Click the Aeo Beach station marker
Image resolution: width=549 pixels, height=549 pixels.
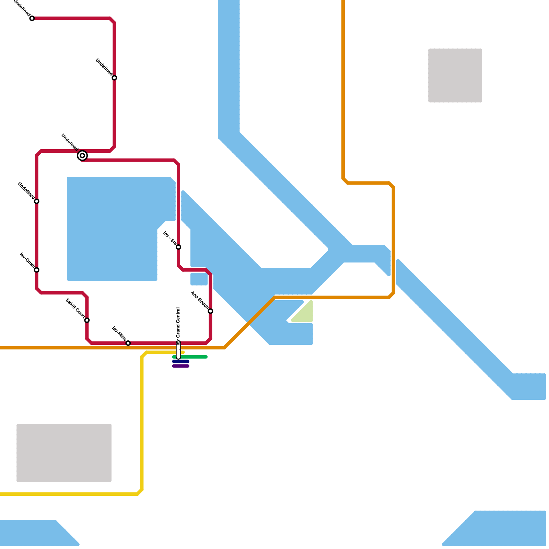point(210,311)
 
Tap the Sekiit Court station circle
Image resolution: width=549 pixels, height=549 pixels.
point(87,320)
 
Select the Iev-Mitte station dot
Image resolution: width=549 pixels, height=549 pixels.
point(128,343)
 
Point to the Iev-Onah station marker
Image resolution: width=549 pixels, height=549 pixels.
point(37,270)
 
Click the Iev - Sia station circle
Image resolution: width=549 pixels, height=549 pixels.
point(178,247)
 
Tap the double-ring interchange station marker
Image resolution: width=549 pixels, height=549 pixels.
point(82,156)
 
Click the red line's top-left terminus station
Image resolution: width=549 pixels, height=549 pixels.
point(32,18)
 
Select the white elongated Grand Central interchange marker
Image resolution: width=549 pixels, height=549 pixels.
point(178,351)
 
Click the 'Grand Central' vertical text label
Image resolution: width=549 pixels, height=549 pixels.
point(178,324)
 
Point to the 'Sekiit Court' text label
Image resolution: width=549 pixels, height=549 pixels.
point(75,308)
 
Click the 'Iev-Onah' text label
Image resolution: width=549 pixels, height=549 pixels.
point(26,260)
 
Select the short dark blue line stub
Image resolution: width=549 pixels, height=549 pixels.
point(181,361)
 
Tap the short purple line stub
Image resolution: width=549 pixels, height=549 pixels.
point(181,366)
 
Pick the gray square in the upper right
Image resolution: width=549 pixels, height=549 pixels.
point(455,75)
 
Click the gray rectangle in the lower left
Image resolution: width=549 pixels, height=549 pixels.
point(64,453)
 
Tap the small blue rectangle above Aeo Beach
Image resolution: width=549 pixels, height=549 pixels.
point(199,279)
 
